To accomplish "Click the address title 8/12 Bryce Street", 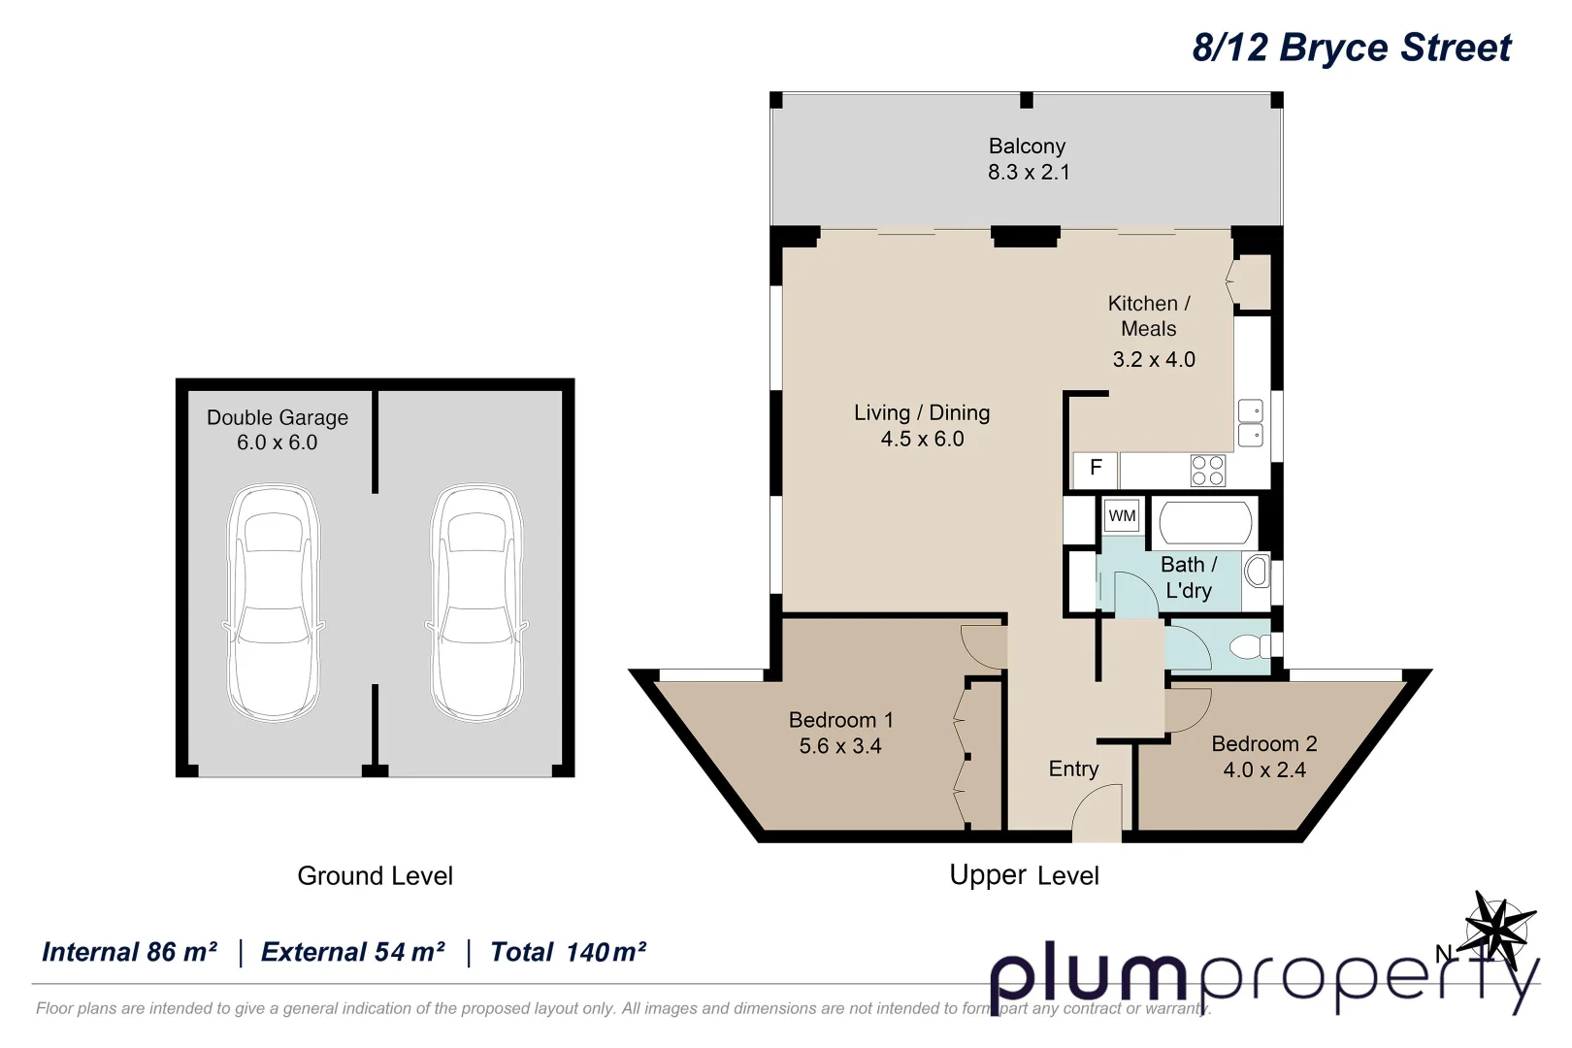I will pos(1351,48).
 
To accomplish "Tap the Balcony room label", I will pos(1027,147).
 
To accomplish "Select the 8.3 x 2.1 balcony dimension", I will pos(1028,173).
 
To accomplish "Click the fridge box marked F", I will pos(1095,469).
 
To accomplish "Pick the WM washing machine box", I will pos(1122,516).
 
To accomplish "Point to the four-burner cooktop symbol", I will pos(1207,471).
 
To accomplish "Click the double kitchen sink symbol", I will pos(1250,423).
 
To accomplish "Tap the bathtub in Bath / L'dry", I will pos(1205,523).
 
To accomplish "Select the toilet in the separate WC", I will pos(1249,646).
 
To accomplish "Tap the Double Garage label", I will pos(277,418).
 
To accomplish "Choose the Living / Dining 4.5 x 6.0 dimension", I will pos(922,440).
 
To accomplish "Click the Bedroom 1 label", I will pos(840,720).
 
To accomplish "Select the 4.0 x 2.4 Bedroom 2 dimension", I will pos(1263,770).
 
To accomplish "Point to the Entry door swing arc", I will pos(1097,810).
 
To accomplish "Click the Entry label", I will pos(1073,770).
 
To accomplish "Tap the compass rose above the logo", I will pos(1500,927).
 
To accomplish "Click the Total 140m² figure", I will pos(568,953).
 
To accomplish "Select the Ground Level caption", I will pos(375,876).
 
